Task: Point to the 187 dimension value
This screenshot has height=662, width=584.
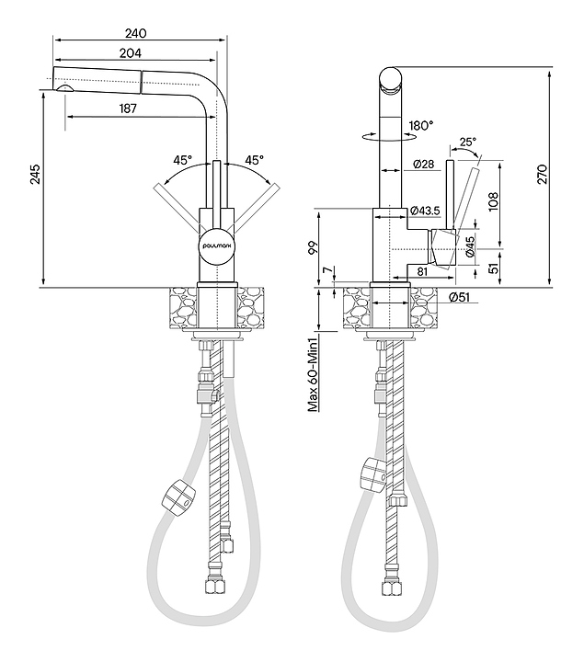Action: point(129,108)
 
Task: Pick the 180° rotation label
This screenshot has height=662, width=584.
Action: point(420,125)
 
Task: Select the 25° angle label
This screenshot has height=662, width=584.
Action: point(467,142)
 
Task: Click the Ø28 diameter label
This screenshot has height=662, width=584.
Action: point(425,164)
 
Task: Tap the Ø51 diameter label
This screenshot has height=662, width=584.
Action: point(460,296)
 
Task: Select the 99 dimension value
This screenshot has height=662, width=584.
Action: point(312,248)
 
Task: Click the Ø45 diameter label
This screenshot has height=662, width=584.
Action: point(470,245)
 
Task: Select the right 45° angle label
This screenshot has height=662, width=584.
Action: point(253,160)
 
